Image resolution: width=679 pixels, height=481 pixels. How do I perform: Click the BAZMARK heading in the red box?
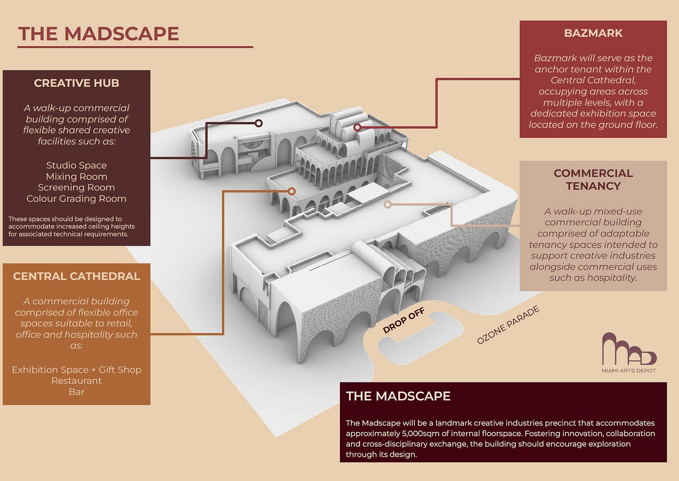pyautogui.click(x=593, y=33)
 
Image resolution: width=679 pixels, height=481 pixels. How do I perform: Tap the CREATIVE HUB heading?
pyautogui.click(x=76, y=83)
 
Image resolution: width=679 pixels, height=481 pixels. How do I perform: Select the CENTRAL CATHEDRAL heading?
pyautogui.click(x=76, y=276)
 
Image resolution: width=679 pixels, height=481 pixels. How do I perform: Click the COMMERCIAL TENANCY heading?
pyautogui.click(x=593, y=179)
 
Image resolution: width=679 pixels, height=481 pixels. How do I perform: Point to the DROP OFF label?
pyautogui.click(x=404, y=320)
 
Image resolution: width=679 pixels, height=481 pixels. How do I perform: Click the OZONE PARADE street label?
pyautogui.click(x=508, y=325)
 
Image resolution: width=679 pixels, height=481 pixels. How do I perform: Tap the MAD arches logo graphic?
pyautogui.click(x=629, y=349)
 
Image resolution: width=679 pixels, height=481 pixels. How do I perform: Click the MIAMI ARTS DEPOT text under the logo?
pyautogui.click(x=629, y=370)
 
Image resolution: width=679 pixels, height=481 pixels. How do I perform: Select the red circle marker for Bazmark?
pyautogui.click(x=357, y=127)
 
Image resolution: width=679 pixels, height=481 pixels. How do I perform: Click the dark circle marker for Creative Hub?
pyautogui.click(x=258, y=123)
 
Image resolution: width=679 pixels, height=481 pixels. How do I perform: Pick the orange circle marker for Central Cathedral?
pyautogui.click(x=291, y=191)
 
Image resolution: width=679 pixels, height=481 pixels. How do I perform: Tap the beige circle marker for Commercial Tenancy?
pyautogui.click(x=388, y=205)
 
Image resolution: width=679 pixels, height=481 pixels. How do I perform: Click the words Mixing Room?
pyautogui.click(x=76, y=177)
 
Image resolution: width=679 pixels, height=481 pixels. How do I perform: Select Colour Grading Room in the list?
pyautogui.click(x=76, y=198)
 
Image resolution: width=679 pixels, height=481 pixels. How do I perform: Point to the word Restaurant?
pyautogui.click(x=76, y=381)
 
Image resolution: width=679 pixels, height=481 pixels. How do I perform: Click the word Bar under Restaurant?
pyautogui.click(x=76, y=392)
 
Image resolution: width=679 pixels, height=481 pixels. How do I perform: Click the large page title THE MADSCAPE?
pyautogui.click(x=98, y=33)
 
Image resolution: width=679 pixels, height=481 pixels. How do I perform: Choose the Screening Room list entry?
pyautogui.click(x=76, y=188)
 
